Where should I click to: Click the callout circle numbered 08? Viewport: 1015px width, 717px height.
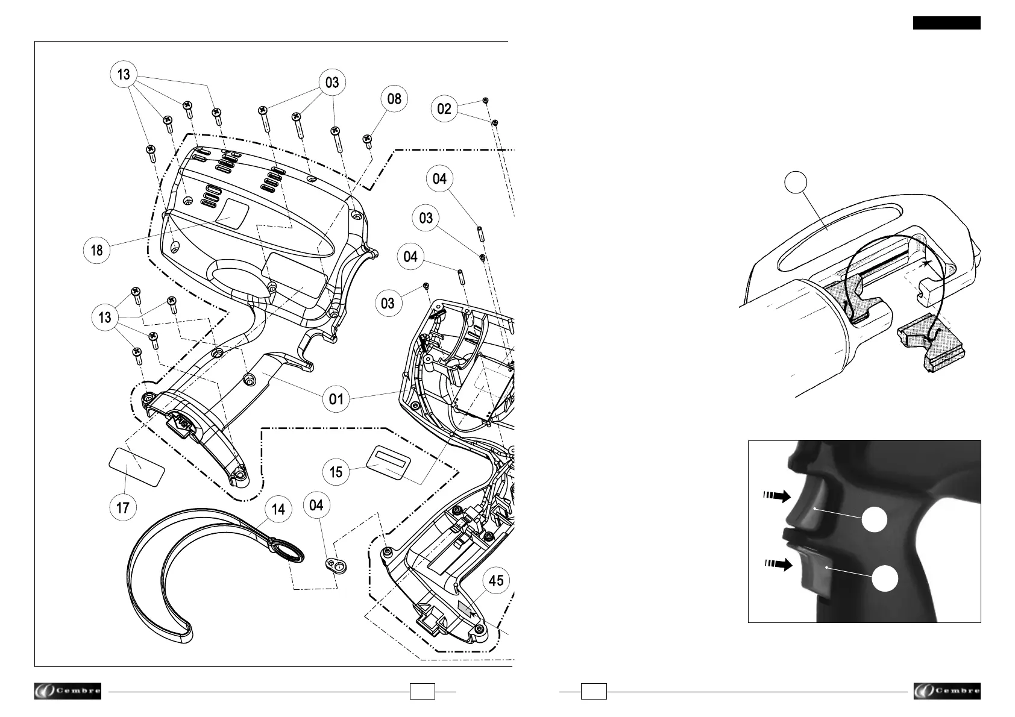[394, 99]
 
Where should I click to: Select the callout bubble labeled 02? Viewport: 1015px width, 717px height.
[444, 109]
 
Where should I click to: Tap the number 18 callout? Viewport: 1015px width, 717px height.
[96, 249]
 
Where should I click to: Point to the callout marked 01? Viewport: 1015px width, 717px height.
[336, 398]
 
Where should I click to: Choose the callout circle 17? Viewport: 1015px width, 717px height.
[123, 507]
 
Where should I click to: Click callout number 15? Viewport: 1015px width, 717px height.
[336, 472]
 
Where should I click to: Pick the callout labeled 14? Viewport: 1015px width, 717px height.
[278, 510]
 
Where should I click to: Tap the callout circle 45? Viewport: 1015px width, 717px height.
[495, 581]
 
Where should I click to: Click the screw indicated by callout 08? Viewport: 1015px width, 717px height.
[367, 140]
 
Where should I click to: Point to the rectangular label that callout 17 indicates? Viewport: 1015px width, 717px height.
[137, 466]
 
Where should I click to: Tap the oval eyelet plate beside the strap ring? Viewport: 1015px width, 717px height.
[337, 565]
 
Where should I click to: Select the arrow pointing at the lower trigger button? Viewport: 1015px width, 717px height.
[775, 565]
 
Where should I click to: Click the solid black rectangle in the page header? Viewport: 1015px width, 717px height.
[946, 23]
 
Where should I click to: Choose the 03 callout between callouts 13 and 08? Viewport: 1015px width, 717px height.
[332, 83]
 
